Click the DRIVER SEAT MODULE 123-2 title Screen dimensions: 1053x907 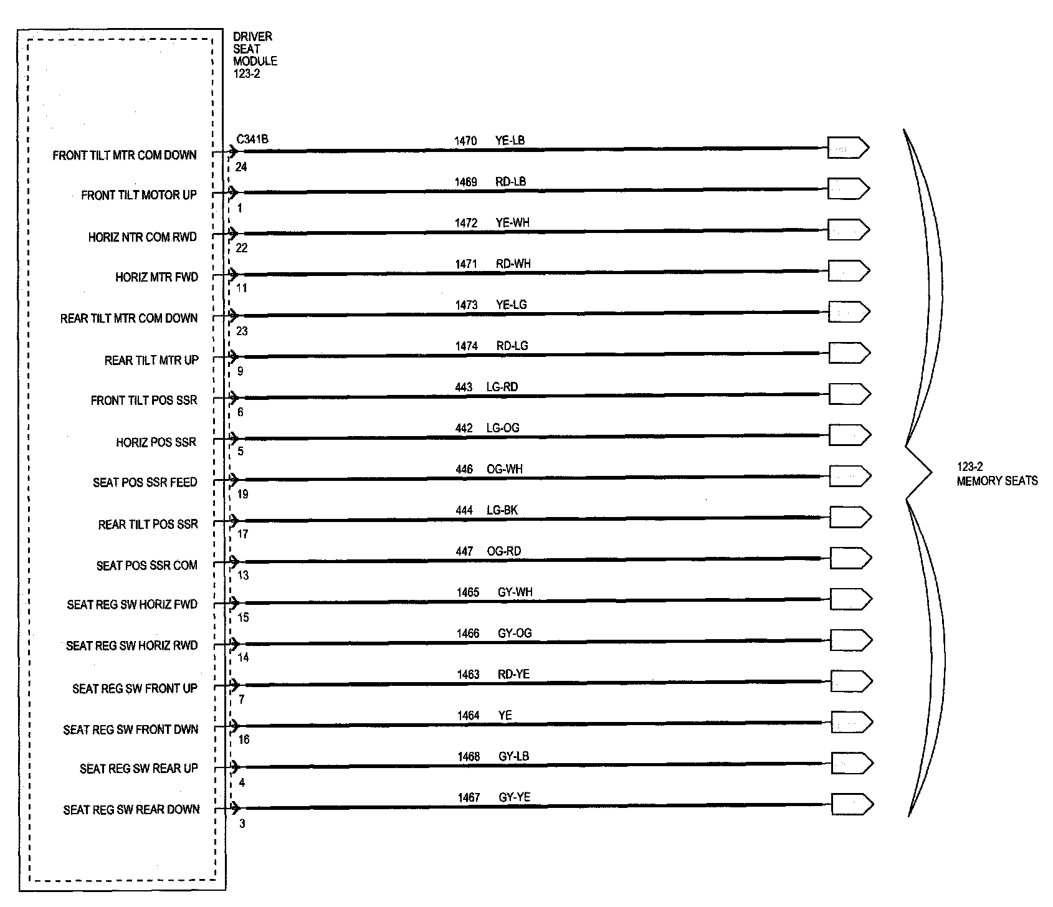click(255, 55)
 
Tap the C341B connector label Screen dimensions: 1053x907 click(252, 139)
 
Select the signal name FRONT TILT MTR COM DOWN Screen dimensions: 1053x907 click(125, 155)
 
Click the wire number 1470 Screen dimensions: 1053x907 click(465, 141)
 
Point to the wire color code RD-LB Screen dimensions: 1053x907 click(510, 182)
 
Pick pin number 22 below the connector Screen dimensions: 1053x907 click(242, 248)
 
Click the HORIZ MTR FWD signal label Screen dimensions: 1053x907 click(156, 277)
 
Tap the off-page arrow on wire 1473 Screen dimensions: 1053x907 click(849, 311)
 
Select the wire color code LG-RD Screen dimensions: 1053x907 click(502, 387)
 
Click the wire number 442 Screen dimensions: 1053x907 click(464, 429)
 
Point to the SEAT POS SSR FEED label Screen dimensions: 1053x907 click(145, 483)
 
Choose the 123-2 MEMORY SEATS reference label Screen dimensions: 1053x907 click(997, 474)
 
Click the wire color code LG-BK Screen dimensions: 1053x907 click(502, 511)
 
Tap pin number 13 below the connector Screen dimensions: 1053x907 click(243, 575)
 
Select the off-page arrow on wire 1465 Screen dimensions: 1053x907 click(850, 599)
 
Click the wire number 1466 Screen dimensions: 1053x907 click(468, 634)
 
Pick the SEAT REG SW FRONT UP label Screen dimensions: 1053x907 click(135, 688)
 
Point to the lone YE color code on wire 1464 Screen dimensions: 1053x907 click(505, 716)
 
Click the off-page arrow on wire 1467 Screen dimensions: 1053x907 click(852, 804)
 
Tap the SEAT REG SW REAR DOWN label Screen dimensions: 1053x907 click(131, 810)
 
